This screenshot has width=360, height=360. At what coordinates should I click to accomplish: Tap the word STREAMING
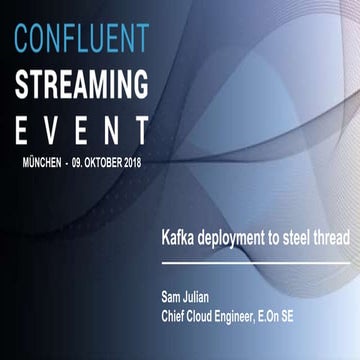click(x=82, y=84)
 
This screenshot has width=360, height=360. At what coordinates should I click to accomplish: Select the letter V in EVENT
click(x=63, y=129)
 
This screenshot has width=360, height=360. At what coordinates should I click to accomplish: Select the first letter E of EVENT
click(x=22, y=129)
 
